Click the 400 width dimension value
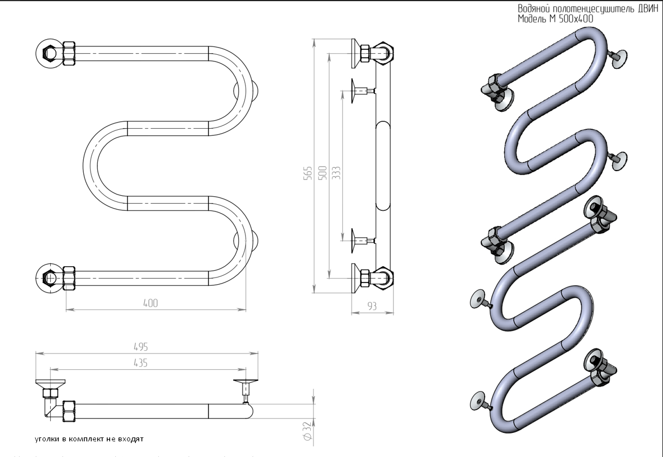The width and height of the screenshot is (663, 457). click(x=150, y=303)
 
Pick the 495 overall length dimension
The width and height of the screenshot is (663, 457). click(x=140, y=347)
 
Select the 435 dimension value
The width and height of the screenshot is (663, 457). click(x=140, y=362)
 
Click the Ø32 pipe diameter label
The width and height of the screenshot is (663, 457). click(x=306, y=431)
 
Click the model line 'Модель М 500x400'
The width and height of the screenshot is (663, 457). click(x=555, y=18)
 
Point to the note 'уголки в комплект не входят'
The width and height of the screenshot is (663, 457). click(x=89, y=439)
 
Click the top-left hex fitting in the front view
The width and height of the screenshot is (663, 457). click(x=49, y=54)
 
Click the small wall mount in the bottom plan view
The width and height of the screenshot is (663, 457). click(x=246, y=388)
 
